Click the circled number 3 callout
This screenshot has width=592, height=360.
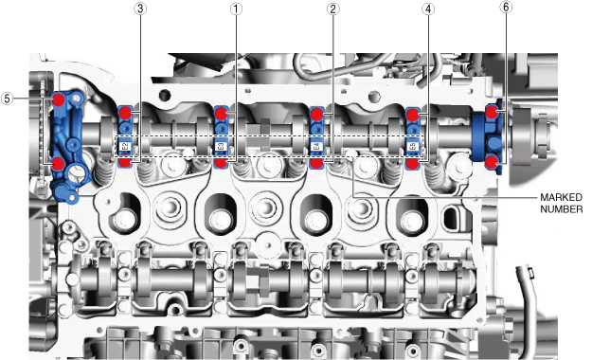(x=140, y=9)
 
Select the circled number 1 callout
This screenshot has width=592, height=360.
(x=236, y=9)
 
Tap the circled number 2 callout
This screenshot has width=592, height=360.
(x=332, y=9)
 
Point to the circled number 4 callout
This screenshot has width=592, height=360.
(x=428, y=9)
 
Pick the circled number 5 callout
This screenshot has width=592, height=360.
(x=7, y=99)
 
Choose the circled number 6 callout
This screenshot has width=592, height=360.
(x=506, y=8)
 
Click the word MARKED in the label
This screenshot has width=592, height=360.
(x=561, y=197)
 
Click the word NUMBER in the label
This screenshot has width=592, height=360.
(x=562, y=209)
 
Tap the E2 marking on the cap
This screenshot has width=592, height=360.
(x=125, y=147)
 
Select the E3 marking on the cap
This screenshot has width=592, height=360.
(x=221, y=147)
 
